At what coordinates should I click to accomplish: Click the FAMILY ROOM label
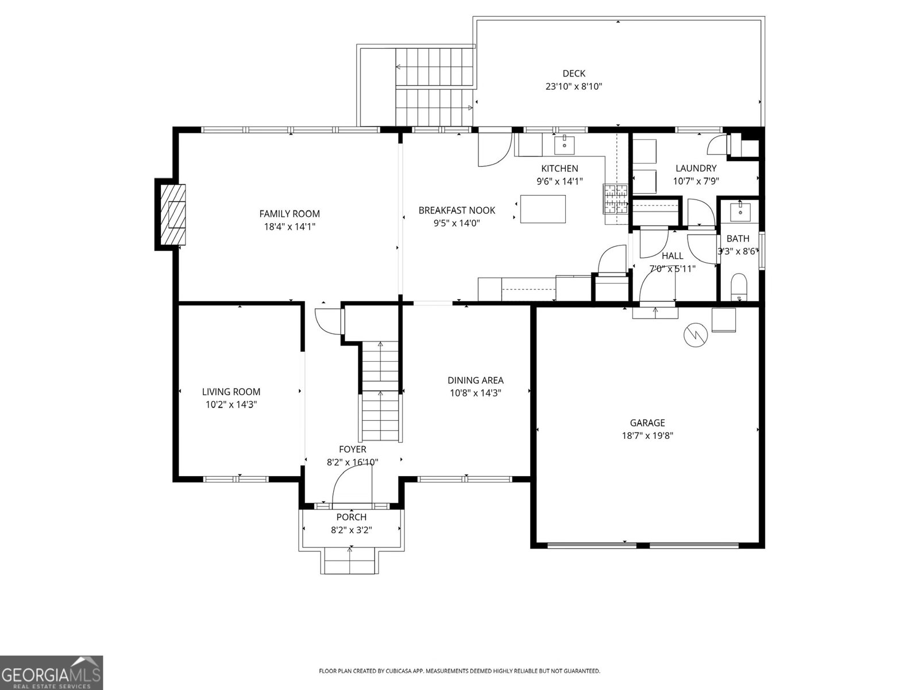tap(289, 214)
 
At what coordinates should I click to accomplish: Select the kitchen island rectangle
tap(543, 209)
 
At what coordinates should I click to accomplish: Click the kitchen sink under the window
tap(565, 144)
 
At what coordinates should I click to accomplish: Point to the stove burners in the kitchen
tap(615, 199)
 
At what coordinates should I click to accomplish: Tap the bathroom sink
tap(740, 211)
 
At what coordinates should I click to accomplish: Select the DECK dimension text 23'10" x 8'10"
tap(573, 87)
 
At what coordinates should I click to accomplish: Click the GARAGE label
tap(647, 423)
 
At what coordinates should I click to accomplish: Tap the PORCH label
tap(352, 517)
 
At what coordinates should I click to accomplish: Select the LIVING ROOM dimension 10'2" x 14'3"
tap(231, 404)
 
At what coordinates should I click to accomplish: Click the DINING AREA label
tap(476, 380)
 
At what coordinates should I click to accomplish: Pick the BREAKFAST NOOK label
tap(457, 210)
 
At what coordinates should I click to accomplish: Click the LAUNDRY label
tap(696, 168)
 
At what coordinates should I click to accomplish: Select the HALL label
tap(672, 256)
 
